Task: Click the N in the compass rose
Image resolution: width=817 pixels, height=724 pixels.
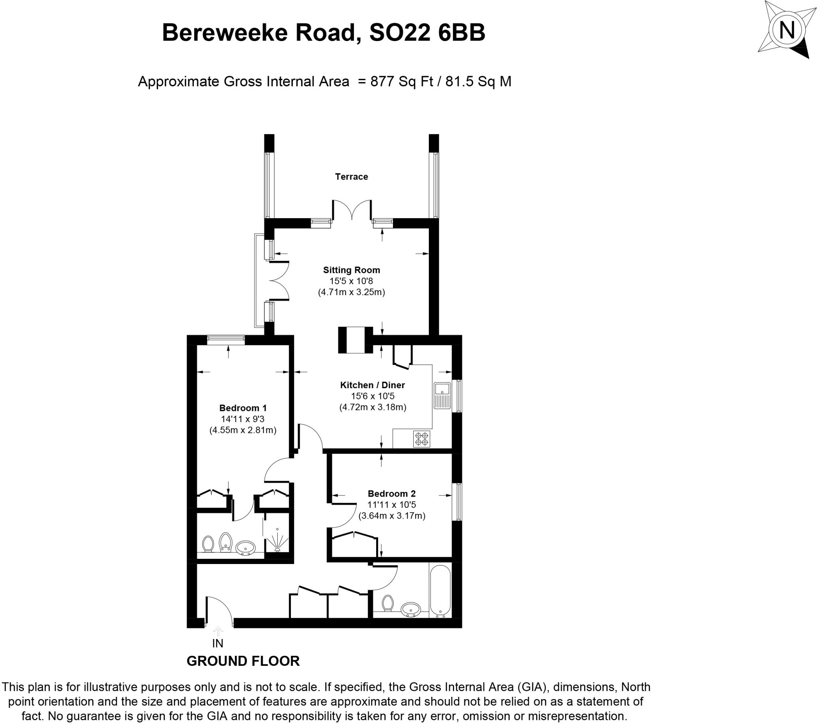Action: (x=787, y=30)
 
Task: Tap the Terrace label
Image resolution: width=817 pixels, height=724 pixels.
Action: (x=351, y=177)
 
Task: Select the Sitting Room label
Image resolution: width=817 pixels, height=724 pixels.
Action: (x=351, y=270)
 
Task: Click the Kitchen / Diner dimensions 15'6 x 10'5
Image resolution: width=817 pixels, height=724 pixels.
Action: (x=373, y=396)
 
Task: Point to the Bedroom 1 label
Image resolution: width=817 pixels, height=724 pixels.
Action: (x=243, y=408)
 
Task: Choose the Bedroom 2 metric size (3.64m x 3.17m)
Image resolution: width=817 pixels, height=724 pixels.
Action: (x=392, y=516)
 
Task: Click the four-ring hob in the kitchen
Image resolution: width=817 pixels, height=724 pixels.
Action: (x=422, y=438)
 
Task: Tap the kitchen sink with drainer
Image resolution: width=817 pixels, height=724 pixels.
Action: (x=442, y=395)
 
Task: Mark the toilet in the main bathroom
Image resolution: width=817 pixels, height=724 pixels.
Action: (x=387, y=603)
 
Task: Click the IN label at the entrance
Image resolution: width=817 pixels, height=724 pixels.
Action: (x=218, y=643)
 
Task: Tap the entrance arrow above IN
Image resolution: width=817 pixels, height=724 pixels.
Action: (x=218, y=631)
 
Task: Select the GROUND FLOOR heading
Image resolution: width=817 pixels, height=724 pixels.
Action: (x=243, y=661)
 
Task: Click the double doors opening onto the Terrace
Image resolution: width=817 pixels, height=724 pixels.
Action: (x=352, y=211)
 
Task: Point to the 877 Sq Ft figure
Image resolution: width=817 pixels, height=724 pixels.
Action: (x=401, y=81)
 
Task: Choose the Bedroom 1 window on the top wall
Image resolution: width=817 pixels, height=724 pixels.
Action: (x=226, y=339)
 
